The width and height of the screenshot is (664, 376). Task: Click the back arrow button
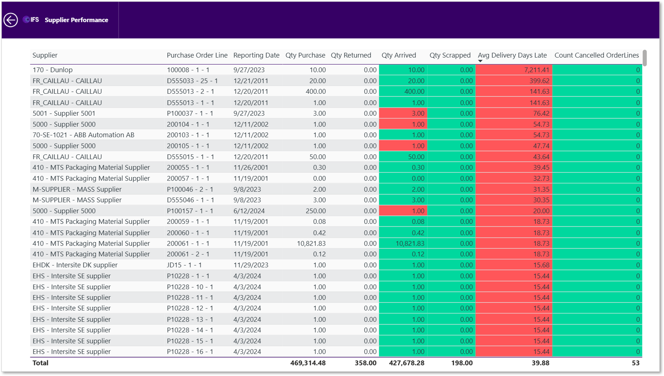coord(11,20)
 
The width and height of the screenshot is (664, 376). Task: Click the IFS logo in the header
coord(31,20)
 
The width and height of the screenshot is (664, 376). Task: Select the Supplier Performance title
coord(76,20)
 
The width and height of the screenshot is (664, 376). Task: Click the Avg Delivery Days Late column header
coord(512,55)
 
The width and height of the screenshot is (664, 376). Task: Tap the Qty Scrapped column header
coord(450,55)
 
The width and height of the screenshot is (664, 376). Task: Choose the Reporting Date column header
coord(257,55)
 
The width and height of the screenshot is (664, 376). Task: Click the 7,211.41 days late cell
coord(537,70)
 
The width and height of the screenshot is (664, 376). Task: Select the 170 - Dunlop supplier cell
coord(53,70)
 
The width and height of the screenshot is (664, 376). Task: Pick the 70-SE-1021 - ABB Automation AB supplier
coord(83,135)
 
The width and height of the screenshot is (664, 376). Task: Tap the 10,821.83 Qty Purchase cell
coord(311,244)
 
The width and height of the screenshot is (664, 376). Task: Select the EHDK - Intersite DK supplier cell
coord(75,265)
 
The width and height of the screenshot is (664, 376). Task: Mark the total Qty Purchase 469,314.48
coord(308,363)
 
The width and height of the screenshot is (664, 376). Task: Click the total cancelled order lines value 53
coord(636,363)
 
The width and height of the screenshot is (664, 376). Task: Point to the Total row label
coord(40,363)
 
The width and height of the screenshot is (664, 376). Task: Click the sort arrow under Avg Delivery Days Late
coord(480,61)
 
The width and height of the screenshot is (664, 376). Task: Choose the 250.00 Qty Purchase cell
coord(316,211)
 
